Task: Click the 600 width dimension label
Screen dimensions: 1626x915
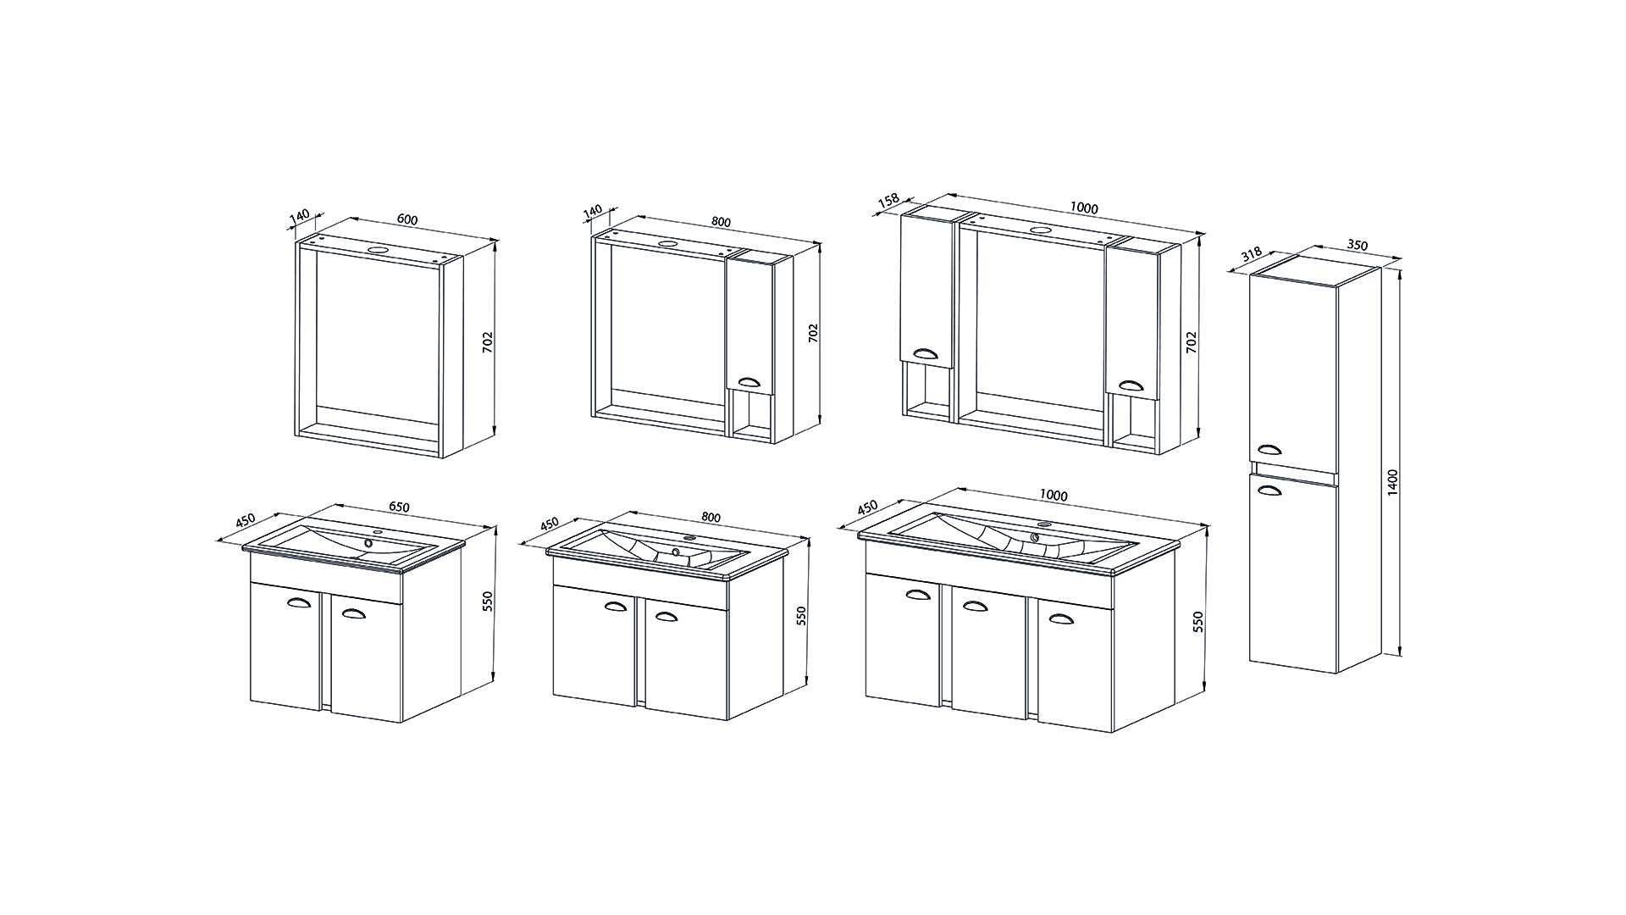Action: (x=407, y=219)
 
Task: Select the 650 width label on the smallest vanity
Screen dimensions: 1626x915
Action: (x=399, y=507)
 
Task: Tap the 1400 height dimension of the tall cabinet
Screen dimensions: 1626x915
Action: (x=1394, y=482)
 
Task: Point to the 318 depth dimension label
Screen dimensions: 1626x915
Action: (x=1251, y=253)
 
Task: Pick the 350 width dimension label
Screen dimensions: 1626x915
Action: (x=1357, y=246)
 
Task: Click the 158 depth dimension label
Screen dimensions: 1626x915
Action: (x=888, y=202)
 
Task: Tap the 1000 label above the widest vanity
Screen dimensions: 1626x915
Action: (x=1054, y=496)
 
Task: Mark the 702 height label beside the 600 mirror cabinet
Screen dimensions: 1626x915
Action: (x=487, y=342)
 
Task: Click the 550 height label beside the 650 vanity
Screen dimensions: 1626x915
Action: (x=487, y=602)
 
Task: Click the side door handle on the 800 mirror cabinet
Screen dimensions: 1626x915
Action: (x=748, y=382)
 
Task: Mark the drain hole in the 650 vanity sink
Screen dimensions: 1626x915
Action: (x=368, y=543)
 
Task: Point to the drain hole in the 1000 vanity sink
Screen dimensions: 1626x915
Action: (x=1035, y=535)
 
